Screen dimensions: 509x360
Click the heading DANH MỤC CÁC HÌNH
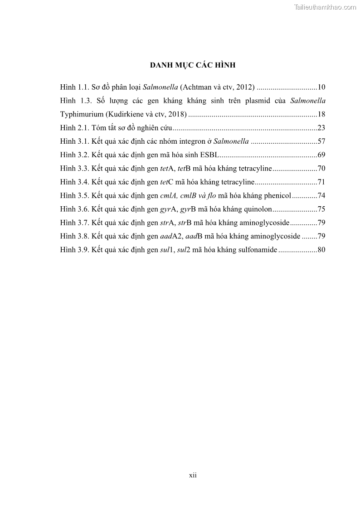tap(193, 65)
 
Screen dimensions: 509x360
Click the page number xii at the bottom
tap(193, 475)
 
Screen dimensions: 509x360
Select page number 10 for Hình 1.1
tap(321, 87)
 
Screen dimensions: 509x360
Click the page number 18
tap(321, 114)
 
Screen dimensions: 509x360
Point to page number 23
tap(321, 128)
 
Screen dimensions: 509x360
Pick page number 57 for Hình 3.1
tap(321, 141)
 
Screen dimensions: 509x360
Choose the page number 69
tap(321, 155)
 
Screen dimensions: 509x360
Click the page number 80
tap(321, 250)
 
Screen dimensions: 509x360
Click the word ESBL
tap(209, 155)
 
